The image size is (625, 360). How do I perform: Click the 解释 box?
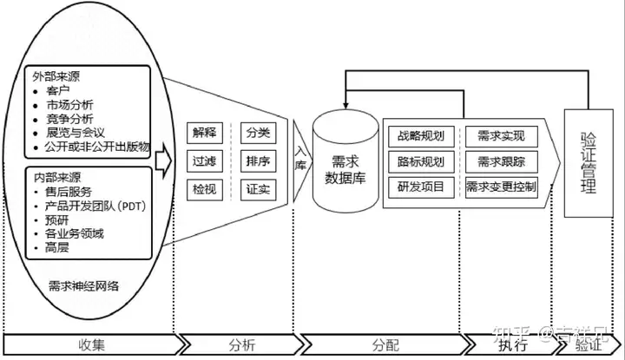[205, 133]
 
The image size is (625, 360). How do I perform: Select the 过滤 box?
[205, 160]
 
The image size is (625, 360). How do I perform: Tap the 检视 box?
[205, 187]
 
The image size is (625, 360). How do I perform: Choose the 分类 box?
[258, 133]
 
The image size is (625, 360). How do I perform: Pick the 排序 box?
[258, 160]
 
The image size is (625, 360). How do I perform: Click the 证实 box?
[258, 187]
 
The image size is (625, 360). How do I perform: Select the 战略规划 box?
[420, 136]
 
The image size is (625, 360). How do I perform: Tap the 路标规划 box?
[420, 161]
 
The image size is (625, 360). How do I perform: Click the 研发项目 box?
[420, 187]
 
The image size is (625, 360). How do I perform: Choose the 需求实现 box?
[501, 136]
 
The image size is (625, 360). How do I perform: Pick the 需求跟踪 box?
[501, 161]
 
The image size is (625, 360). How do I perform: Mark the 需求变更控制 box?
[501, 187]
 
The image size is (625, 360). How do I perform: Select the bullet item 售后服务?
[69, 191]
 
